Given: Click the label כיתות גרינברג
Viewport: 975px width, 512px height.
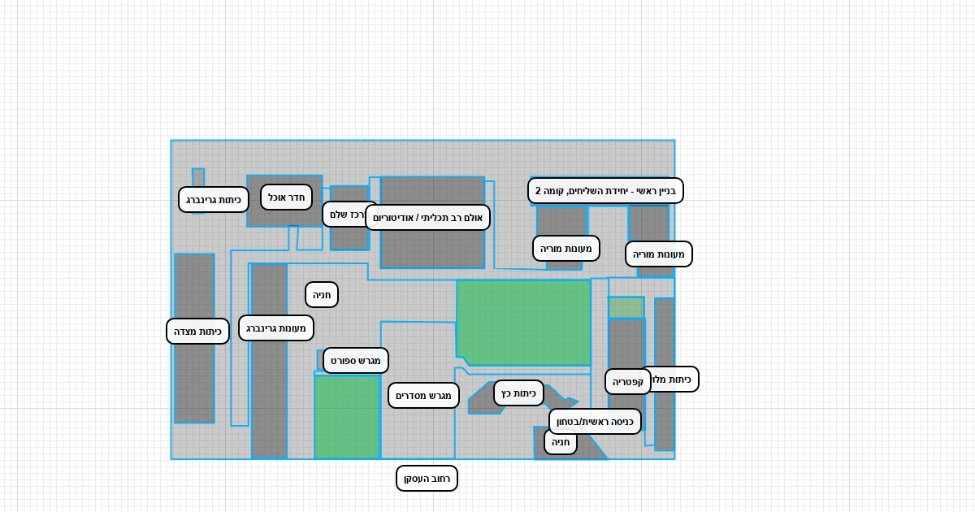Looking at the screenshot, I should point(214,199).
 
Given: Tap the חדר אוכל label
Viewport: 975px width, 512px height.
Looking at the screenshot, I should point(286,197).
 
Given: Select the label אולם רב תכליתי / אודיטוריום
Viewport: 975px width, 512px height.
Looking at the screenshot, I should point(427,218).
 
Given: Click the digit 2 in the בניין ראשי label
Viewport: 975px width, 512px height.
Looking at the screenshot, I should point(538,191).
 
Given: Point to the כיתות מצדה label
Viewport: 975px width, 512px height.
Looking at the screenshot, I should point(197,331).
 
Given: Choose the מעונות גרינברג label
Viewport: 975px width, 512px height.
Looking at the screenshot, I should point(276,328).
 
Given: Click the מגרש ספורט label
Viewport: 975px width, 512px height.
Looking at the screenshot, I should point(356,360).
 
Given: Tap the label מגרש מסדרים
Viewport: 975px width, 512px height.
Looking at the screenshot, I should point(423,396).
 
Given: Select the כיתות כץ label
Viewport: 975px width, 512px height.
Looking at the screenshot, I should point(518,393).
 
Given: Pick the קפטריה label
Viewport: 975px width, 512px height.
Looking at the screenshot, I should point(628,381).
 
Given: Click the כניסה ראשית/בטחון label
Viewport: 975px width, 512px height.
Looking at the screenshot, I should point(595,421).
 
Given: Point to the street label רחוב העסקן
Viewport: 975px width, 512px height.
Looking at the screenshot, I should point(427,478).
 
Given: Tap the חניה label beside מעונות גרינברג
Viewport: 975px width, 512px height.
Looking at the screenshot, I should point(322,294).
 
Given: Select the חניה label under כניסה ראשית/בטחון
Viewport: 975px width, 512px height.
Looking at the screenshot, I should point(561,442).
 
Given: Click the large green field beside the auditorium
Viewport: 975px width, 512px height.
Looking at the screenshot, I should point(524,322).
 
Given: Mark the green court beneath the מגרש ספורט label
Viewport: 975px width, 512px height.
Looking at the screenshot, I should point(347,418).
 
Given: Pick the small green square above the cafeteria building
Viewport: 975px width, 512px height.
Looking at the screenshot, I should point(626,307).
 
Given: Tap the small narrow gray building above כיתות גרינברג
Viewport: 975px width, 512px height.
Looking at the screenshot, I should point(198,176).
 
